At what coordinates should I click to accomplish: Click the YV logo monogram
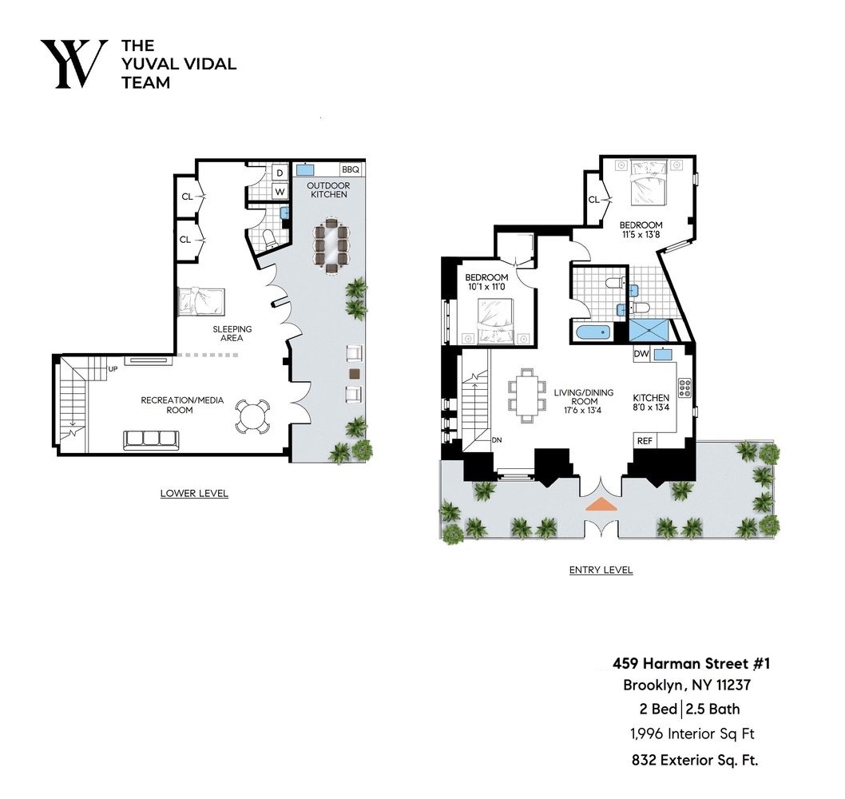pyautogui.click(x=73, y=63)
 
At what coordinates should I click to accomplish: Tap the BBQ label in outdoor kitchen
pyautogui.click(x=351, y=170)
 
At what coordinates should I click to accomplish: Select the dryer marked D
pyautogui.click(x=280, y=173)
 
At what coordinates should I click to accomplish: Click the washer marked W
pyautogui.click(x=280, y=192)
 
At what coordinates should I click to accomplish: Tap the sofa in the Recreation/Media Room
pyautogui.click(x=150, y=439)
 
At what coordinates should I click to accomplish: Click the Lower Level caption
pyautogui.click(x=194, y=493)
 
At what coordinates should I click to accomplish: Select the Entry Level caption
pyautogui.click(x=601, y=570)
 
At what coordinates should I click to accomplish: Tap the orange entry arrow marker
pyautogui.click(x=601, y=504)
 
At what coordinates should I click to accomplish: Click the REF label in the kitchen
pyautogui.click(x=644, y=440)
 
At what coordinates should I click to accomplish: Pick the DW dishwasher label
pyautogui.click(x=641, y=355)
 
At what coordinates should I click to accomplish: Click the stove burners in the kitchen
pyautogui.click(x=684, y=388)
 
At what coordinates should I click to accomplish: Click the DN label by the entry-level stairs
pyautogui.click(x=496, y=439)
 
